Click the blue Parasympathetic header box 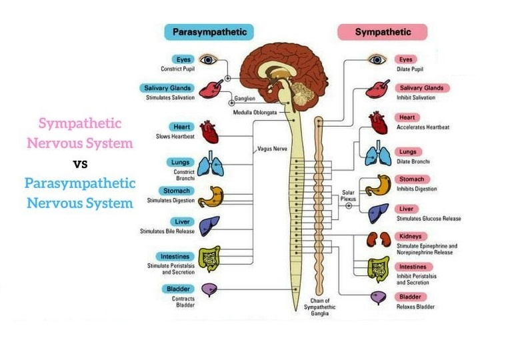[x=209, y=31]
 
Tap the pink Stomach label [x=412, y=179]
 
